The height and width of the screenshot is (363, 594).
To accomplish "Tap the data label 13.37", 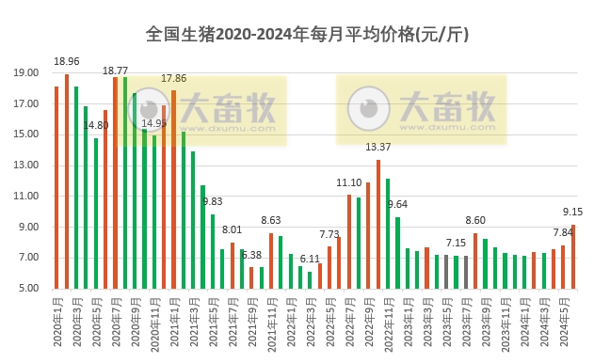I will (378, 148).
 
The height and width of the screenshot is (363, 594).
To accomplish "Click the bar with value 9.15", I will (573, 256).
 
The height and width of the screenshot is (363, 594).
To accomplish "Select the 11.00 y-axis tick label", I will (25, 196).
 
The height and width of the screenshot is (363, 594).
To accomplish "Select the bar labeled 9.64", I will (398, 252).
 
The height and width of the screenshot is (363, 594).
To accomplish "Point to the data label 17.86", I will (174, 79).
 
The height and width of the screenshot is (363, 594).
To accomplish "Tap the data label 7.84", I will (562, 232).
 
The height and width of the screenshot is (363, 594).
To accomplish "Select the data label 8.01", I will (233, 229).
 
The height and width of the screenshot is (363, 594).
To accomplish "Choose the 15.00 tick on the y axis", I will (25, 134).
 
